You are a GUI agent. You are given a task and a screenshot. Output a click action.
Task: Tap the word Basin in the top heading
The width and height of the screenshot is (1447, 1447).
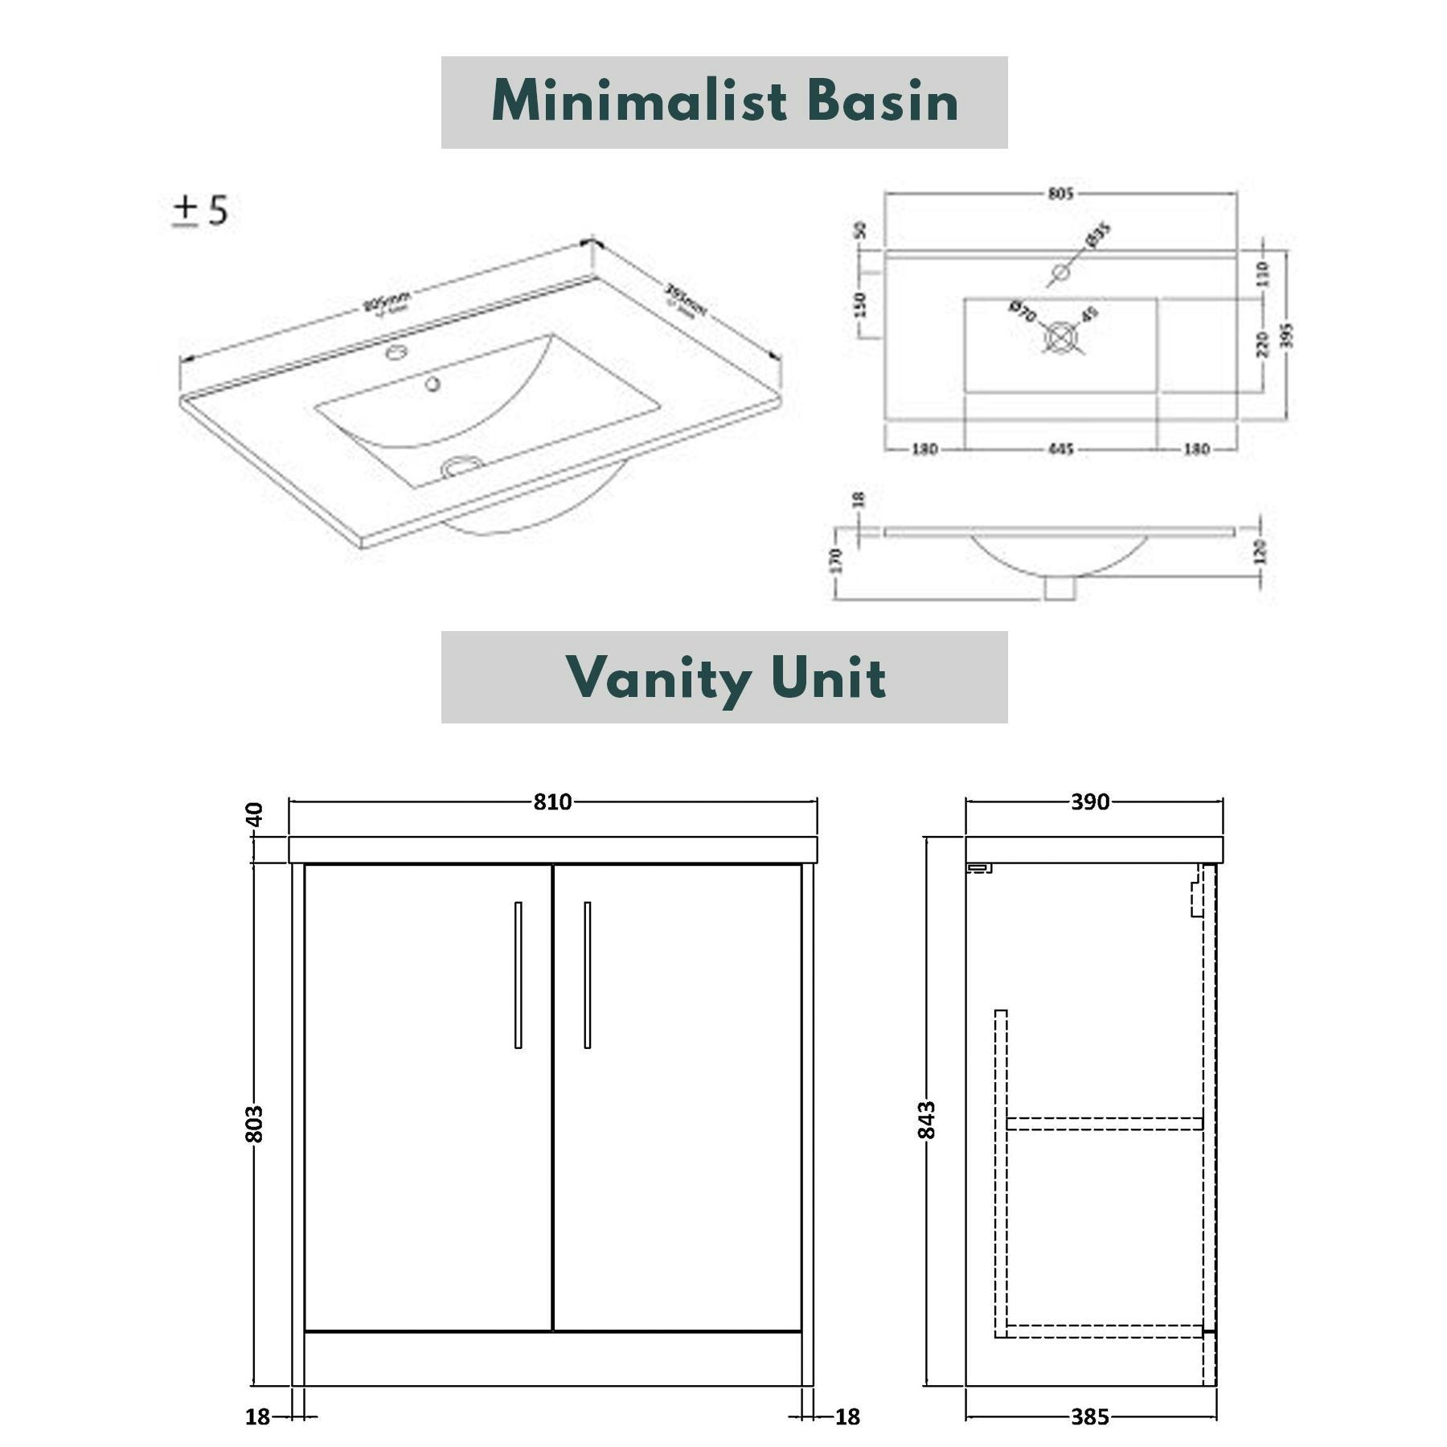(882, 102)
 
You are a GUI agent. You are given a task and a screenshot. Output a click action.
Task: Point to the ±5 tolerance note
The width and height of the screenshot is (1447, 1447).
(200, 211)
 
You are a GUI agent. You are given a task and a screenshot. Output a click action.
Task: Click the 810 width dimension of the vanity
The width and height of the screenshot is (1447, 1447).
(552, 801)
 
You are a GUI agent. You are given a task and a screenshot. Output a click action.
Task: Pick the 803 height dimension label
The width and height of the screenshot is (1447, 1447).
(254, 1123)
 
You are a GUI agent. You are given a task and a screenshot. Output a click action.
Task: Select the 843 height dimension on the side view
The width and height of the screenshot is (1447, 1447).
(927, 1119)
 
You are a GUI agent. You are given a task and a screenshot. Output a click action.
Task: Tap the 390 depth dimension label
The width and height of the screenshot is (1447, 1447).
(1090, 801)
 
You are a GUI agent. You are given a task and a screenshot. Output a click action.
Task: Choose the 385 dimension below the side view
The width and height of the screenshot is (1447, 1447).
(1090, 1416)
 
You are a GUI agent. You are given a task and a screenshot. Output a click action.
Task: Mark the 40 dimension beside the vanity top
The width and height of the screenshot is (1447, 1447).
(254, 814)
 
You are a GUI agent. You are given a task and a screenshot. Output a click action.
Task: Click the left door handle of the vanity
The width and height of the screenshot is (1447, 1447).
(518, 974)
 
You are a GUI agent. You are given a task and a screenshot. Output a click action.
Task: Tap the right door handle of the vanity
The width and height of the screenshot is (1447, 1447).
(587, 974)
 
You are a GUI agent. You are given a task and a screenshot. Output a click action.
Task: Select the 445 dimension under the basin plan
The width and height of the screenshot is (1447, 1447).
(1060, 449)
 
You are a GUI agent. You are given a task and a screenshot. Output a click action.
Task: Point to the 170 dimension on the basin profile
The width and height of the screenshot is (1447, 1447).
(836, 560)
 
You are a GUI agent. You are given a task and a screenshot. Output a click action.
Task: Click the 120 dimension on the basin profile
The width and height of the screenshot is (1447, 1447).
(1260, 551)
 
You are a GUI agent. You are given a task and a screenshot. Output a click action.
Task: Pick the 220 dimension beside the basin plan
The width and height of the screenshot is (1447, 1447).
(1262, 343)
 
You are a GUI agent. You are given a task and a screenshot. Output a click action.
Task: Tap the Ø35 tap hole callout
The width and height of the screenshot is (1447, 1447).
(1098, 235)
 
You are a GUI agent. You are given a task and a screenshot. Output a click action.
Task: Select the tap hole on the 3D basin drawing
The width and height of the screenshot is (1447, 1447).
(396, 352)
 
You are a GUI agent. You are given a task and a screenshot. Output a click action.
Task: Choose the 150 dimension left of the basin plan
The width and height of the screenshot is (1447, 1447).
(860, 304)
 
